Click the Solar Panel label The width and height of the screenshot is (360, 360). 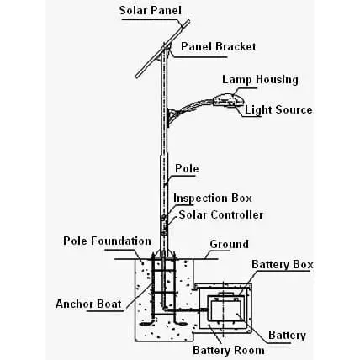click(x=150, y=11)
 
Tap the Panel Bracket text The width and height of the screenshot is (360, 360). click(x=218, y=46)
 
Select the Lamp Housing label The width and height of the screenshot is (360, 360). click(x=260, y=80)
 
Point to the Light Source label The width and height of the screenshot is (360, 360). click(x=278, y=109)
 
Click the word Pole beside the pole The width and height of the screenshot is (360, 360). click(x=187, y=168)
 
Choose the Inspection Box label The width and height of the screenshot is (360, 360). click(x=213, y=199)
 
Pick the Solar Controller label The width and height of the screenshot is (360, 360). click(x=221, y=214)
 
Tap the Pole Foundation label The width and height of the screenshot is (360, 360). click(x=107, y=241)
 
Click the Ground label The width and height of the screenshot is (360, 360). click(x=229, y=244)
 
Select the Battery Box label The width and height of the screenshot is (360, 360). click(x=283, y=264)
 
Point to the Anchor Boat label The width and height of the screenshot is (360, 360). click(x=88, y=304)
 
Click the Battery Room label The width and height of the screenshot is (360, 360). click(x=229, y=350)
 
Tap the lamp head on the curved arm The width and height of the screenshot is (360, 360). click(x=228, y=100)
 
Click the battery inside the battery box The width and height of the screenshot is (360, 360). click(x=225, y=310)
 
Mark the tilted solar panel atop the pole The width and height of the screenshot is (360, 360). click(x=162, y=49)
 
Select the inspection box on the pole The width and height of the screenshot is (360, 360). click(x=164, y=219)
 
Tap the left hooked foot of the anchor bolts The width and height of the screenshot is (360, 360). click(x=148, y=323)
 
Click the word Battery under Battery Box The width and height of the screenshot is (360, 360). click(x=287, y=335)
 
